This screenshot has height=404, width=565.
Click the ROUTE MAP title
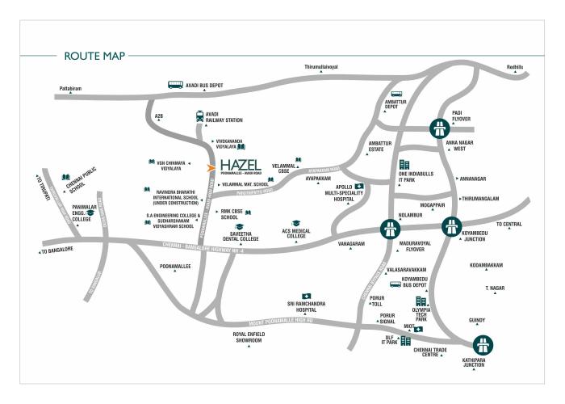point(91,56)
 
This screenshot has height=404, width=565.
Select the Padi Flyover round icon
point(439,128)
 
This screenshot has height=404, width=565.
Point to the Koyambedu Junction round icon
point(451,228)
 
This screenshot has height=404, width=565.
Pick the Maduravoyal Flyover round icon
point(388,229)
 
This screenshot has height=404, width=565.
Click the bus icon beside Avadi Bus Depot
point(174,84)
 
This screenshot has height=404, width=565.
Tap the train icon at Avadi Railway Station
point(199,116)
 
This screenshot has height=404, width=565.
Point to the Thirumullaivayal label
point(321,65)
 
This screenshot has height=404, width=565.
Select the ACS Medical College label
point(296,234)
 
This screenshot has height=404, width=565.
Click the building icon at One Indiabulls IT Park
point(404,165)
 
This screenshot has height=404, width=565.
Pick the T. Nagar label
point(494,287)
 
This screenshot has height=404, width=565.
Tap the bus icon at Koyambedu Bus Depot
point(395,284)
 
